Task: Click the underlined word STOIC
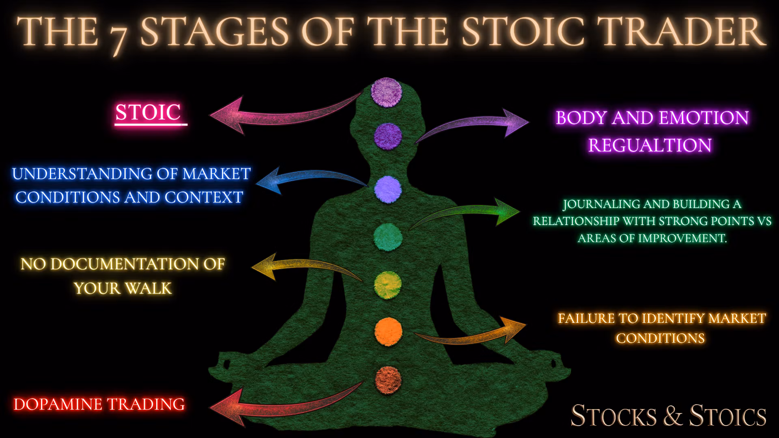point(148,112)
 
